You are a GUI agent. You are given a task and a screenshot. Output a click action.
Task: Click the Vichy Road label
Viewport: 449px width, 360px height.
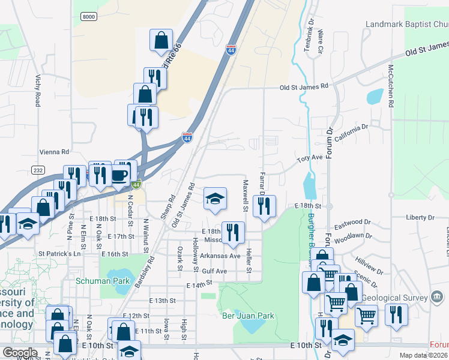[x=37, y=91]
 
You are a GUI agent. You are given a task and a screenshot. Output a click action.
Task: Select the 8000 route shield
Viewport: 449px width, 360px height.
[x=89, y=17]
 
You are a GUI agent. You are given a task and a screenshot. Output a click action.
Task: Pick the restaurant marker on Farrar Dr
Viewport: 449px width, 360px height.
[x=264, y=205]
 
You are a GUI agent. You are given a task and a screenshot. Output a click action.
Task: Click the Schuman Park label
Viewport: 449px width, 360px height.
[x=95, y=280]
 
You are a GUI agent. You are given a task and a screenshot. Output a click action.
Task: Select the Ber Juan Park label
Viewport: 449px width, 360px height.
[x=248, y=316]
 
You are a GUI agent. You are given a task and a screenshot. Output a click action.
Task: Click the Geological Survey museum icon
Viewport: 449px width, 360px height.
[x=438, y=296]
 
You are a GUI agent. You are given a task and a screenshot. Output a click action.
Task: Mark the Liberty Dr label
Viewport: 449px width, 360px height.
[x=420, y=217]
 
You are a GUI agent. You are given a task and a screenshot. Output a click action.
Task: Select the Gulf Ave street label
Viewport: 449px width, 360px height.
[x=214, y=271]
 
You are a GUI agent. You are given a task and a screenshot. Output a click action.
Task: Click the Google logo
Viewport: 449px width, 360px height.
[x=20, y=353]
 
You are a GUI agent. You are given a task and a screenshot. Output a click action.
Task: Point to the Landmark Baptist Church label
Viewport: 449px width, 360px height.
[x=406, y=25]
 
